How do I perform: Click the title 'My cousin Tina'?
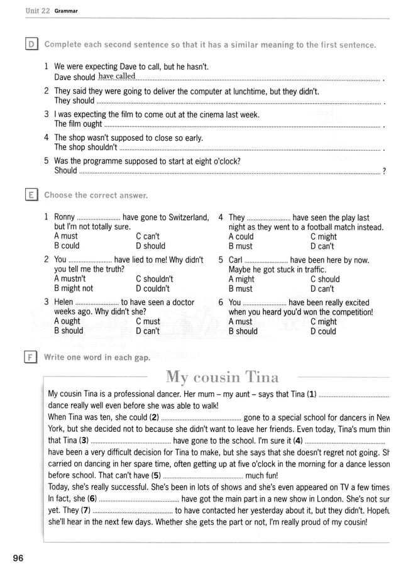222,377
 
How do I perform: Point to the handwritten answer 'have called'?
117,77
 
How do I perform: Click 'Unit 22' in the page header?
37,11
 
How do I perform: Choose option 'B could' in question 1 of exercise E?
67,246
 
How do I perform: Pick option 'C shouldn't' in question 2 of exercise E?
154,279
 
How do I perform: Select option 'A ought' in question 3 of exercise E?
67,321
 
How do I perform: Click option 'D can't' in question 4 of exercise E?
322,246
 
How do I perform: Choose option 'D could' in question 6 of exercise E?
323,331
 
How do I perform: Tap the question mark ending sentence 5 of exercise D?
383,171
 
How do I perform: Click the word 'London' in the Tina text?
338,498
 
